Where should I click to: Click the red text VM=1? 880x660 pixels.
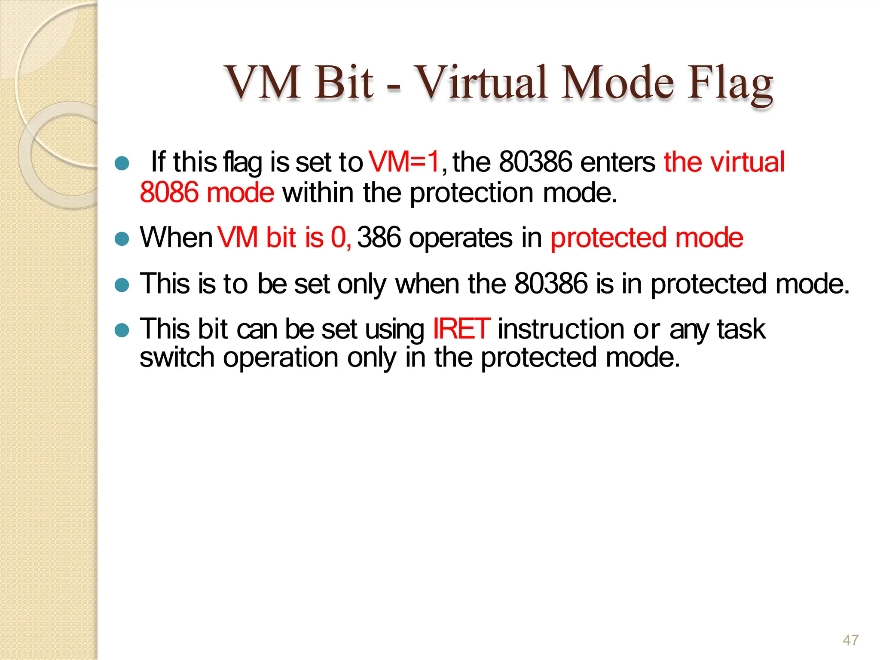tap(404, 162)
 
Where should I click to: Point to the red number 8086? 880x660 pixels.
tap(169, 192)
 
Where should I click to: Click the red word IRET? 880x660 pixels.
tap(461, 329)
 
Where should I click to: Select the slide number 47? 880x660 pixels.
tap(850, 640)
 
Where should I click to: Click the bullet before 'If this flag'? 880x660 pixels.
tap(122, 163)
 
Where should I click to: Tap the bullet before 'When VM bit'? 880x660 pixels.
tap(122, 239)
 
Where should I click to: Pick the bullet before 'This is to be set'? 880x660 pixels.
tap(122, 285)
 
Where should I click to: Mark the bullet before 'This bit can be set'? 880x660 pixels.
tap(122, 330)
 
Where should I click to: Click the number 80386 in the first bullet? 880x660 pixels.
tap(535, 162)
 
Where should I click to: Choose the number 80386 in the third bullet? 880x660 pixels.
tap(550, 284)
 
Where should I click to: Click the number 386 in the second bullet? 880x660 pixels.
tap(379, 238)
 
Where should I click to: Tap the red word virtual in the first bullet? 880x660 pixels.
tap(747, 162)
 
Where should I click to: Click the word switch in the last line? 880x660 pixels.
tap(177, 357)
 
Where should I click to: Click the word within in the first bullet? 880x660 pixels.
tap(318, 192)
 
